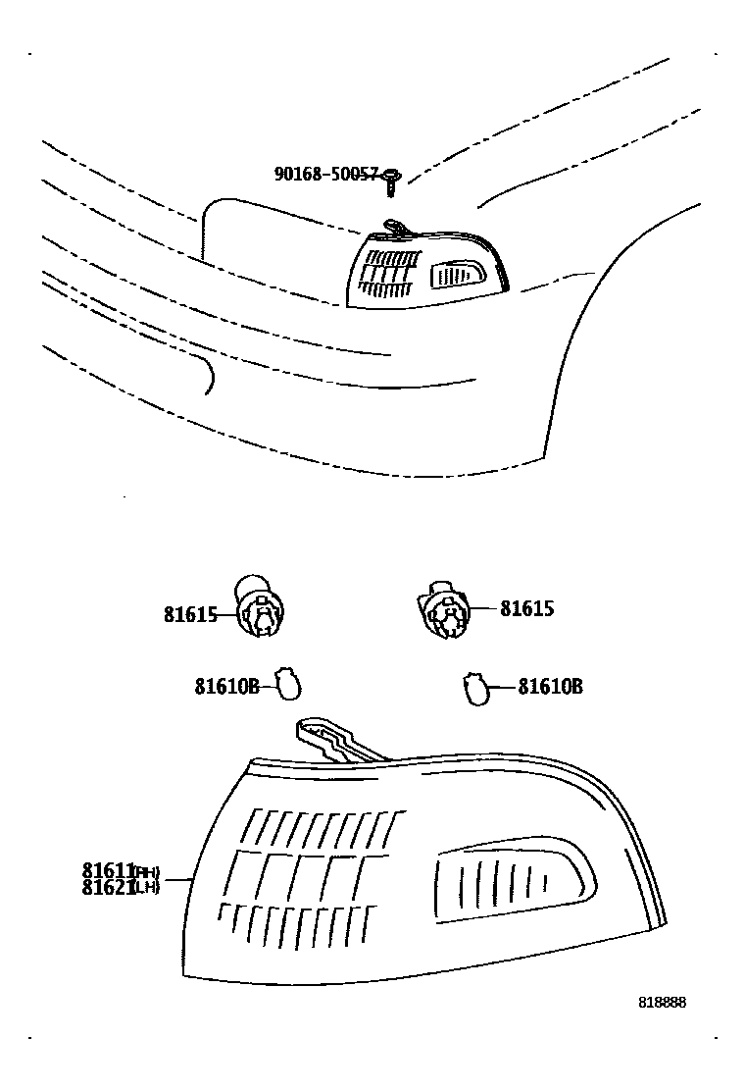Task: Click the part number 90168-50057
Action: pyautogui.click(x=325, y=175)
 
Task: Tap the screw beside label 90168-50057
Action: pyautogui.click(x=392, y=178)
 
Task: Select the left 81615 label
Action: pyautogui.click(x=189, y=615)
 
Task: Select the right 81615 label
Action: pyautogui.click(x=526, y=608)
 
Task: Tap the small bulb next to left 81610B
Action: pyautogui.click(x=287, y=684)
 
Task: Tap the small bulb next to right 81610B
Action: pyautogui.click(x=475, y=687)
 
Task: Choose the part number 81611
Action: pyautogui.click(x=107, y=870)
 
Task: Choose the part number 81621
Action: pyautogui.click(x=107, y=889)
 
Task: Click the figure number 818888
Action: pyautogui.click(x=662, y=1003)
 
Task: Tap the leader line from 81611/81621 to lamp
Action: pyautogui.click(x=176, y=880)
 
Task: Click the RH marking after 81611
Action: pyautogui.click(x=146, y=871)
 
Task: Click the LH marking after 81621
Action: pyautogui.click(x=146, y=890)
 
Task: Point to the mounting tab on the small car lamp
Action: pyautogui.click(x=394, y=227)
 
